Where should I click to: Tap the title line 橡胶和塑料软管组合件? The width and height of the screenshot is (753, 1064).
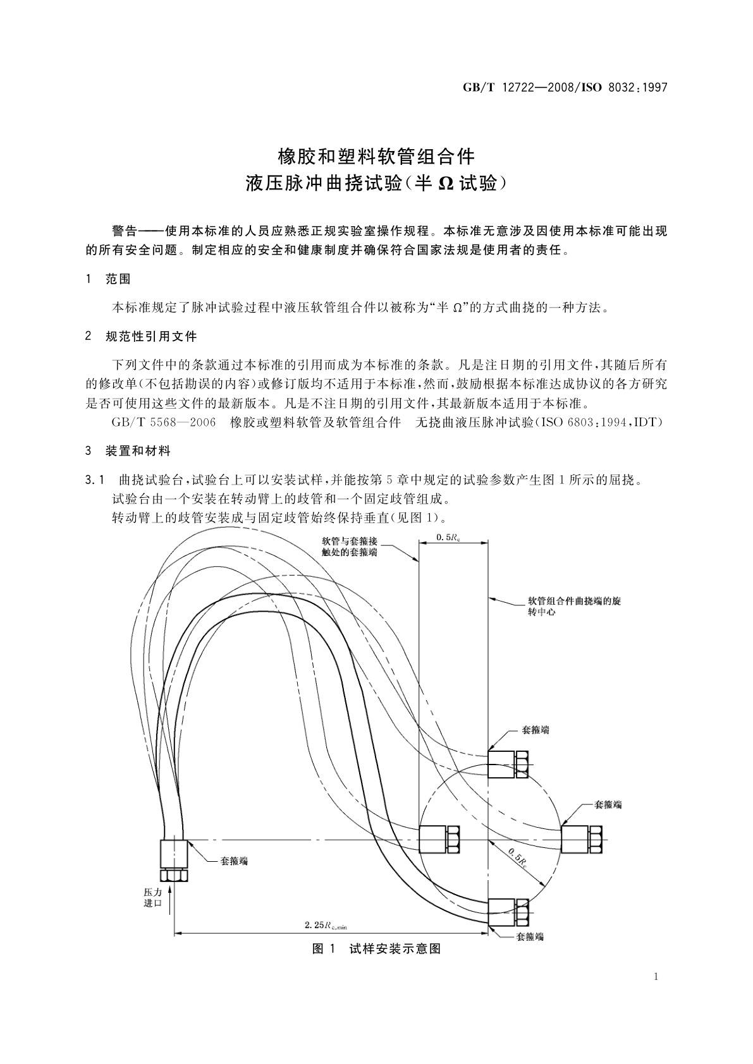tap(376, 155)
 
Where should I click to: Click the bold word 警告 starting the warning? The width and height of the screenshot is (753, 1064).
tap(125, 231)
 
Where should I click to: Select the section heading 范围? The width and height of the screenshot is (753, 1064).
tap(118, 279)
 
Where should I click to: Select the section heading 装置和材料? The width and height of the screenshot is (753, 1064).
tap(138, 451)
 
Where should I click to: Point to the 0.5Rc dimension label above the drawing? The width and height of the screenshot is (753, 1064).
tap(453, 537)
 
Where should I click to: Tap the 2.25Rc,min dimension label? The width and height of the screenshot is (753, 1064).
tap(326, 926)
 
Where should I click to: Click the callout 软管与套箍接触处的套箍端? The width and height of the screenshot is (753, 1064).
tap(350, 547)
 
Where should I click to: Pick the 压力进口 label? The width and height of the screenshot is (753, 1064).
tap(153, 897)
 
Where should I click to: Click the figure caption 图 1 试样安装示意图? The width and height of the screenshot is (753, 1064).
tap(376, 948)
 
